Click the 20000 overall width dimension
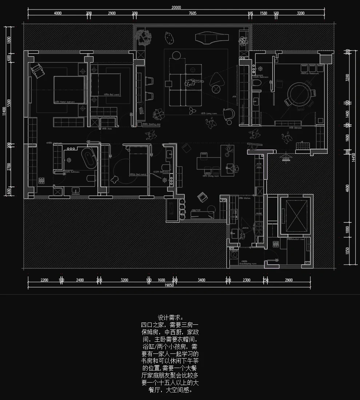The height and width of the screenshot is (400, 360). click(x=176, y=7)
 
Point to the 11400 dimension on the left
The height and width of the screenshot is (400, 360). click(x=4, y=111)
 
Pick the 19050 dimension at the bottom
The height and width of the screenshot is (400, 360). click(x=169, y=285)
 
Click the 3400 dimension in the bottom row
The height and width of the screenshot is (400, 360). click(x=201, y=280)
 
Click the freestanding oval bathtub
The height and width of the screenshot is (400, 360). click(x=88, y=160)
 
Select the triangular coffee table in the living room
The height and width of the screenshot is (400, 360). click(x=218, y=79)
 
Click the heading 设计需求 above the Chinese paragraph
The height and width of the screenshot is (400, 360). click(x=169, y=317)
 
